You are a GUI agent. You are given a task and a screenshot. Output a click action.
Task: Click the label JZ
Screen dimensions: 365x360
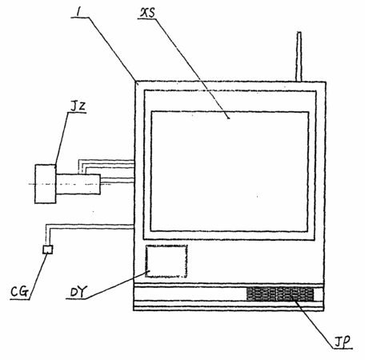[x=78, y=106]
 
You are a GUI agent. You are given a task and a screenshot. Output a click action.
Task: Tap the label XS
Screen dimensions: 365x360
[x=147, y=13]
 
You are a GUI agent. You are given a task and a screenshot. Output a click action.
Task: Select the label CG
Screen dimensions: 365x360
[x=19, y=291]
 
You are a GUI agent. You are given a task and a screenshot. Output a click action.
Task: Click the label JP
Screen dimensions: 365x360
[x=343, y=342]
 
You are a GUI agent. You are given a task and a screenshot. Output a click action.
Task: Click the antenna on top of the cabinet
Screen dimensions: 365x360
[x=299, y=57]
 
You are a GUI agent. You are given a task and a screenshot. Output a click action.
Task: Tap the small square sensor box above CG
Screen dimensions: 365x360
[x=48, y=250]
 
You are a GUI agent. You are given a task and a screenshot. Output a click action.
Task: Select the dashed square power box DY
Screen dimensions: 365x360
[x=166, y=262]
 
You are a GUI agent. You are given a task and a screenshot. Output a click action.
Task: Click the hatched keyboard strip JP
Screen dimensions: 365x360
[x=280, y=294]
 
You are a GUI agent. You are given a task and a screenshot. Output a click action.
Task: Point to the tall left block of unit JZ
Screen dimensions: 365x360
[x=46, y=184]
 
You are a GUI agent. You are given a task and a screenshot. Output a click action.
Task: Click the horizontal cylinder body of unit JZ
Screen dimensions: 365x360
[x=78, y=184]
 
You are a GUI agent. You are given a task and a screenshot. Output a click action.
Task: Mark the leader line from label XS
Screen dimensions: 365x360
[x=191, y=68]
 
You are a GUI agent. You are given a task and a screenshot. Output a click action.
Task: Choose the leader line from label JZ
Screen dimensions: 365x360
[x=62, y=139]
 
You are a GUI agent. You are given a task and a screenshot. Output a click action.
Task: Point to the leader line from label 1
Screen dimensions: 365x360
[x=112, y=49]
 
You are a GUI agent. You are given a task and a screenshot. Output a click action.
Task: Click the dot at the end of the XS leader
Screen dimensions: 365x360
[x=229, y=118]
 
